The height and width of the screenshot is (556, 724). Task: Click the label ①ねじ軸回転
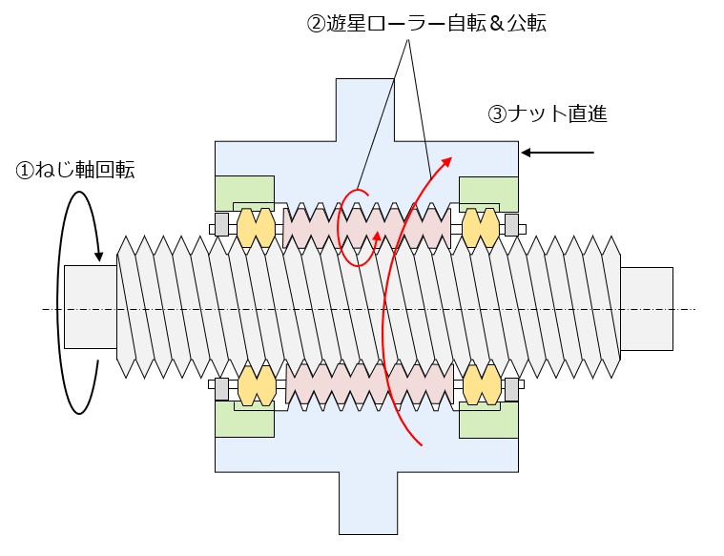pos(75,171)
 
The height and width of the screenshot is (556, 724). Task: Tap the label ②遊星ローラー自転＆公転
pos(426,23)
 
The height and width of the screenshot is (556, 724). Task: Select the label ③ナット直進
pos(548,114)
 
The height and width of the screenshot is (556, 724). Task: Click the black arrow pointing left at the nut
pos(557,153)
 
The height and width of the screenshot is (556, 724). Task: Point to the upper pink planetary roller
pos(366,228)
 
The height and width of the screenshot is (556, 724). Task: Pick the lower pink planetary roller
pos(369,383)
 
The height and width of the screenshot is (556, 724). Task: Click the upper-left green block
pos(245,193)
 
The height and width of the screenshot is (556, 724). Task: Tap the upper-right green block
pos(488,194)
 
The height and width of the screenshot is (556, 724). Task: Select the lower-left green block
pos(245,420)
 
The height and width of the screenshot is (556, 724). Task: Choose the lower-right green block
pos(488,421)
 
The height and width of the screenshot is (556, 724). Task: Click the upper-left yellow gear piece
pos(256,228)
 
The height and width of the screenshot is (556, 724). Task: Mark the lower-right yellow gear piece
pos(482,385)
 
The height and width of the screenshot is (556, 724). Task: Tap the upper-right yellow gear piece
pos(481,228)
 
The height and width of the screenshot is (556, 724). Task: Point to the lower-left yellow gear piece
pos(257,385)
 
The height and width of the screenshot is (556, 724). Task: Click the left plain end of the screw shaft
pos(91,307)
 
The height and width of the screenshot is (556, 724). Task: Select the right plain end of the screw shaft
pos(647,309)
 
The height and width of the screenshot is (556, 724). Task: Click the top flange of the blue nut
pos(364,110)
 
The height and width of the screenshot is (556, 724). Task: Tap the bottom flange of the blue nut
pos(368,503)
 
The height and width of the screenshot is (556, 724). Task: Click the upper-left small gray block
pos(221,225)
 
